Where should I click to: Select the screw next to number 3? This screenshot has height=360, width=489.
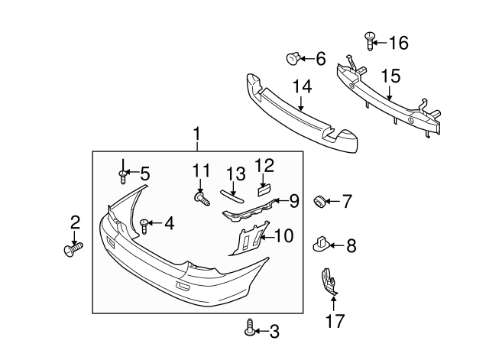click(251, 330)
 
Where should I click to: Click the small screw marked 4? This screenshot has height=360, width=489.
click(144, 224)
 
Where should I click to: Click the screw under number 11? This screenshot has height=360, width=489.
click(203, 199)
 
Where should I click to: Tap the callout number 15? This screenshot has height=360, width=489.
click(390, 76)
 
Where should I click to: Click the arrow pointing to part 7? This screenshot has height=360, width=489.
click(333, 203)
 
